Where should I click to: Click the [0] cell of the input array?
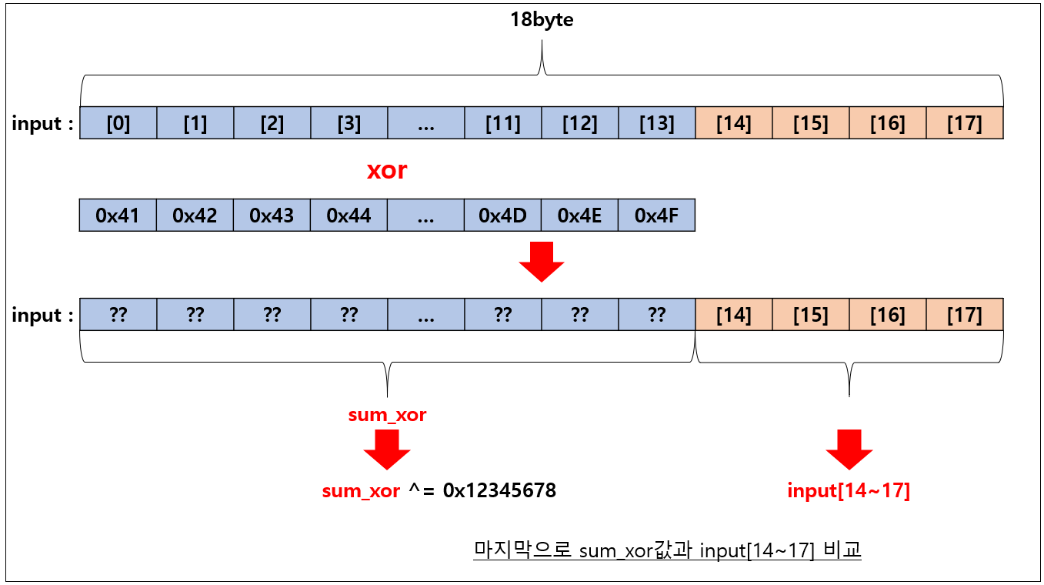pyautogui.click(x=118, y=123)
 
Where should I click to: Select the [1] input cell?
pyautogui.click(x=195, y=123)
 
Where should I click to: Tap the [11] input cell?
pyautogui.click(x=502, y=123)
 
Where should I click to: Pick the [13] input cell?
pyautogui.click(x=656, y=123)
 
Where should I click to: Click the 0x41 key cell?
pyautogui.click(x=118, y=216)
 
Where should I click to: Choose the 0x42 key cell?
pyautogui.click(x=195, y=216)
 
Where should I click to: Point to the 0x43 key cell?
pyautogui.click(x=272, y=216)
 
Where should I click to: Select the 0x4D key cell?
pyautogui.click(x=502, y=216)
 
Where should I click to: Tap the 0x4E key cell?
pyautogui.click(x=579, y=216)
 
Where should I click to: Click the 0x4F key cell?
pyautogui.click(x=656, y=216)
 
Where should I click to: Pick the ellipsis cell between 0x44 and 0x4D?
pyautogui.click(x=425, y=216)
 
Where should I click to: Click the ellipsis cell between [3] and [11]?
pyautogui.click(x=425, y=123)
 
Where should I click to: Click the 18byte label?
pyautogui.click(x=542, y=20)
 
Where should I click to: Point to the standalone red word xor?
pyautogui.click(x=386, y=170)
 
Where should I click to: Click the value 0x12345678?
pyautogui.click(x=499, y=490)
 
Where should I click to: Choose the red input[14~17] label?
pyautogui.click(x=849, y=490)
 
